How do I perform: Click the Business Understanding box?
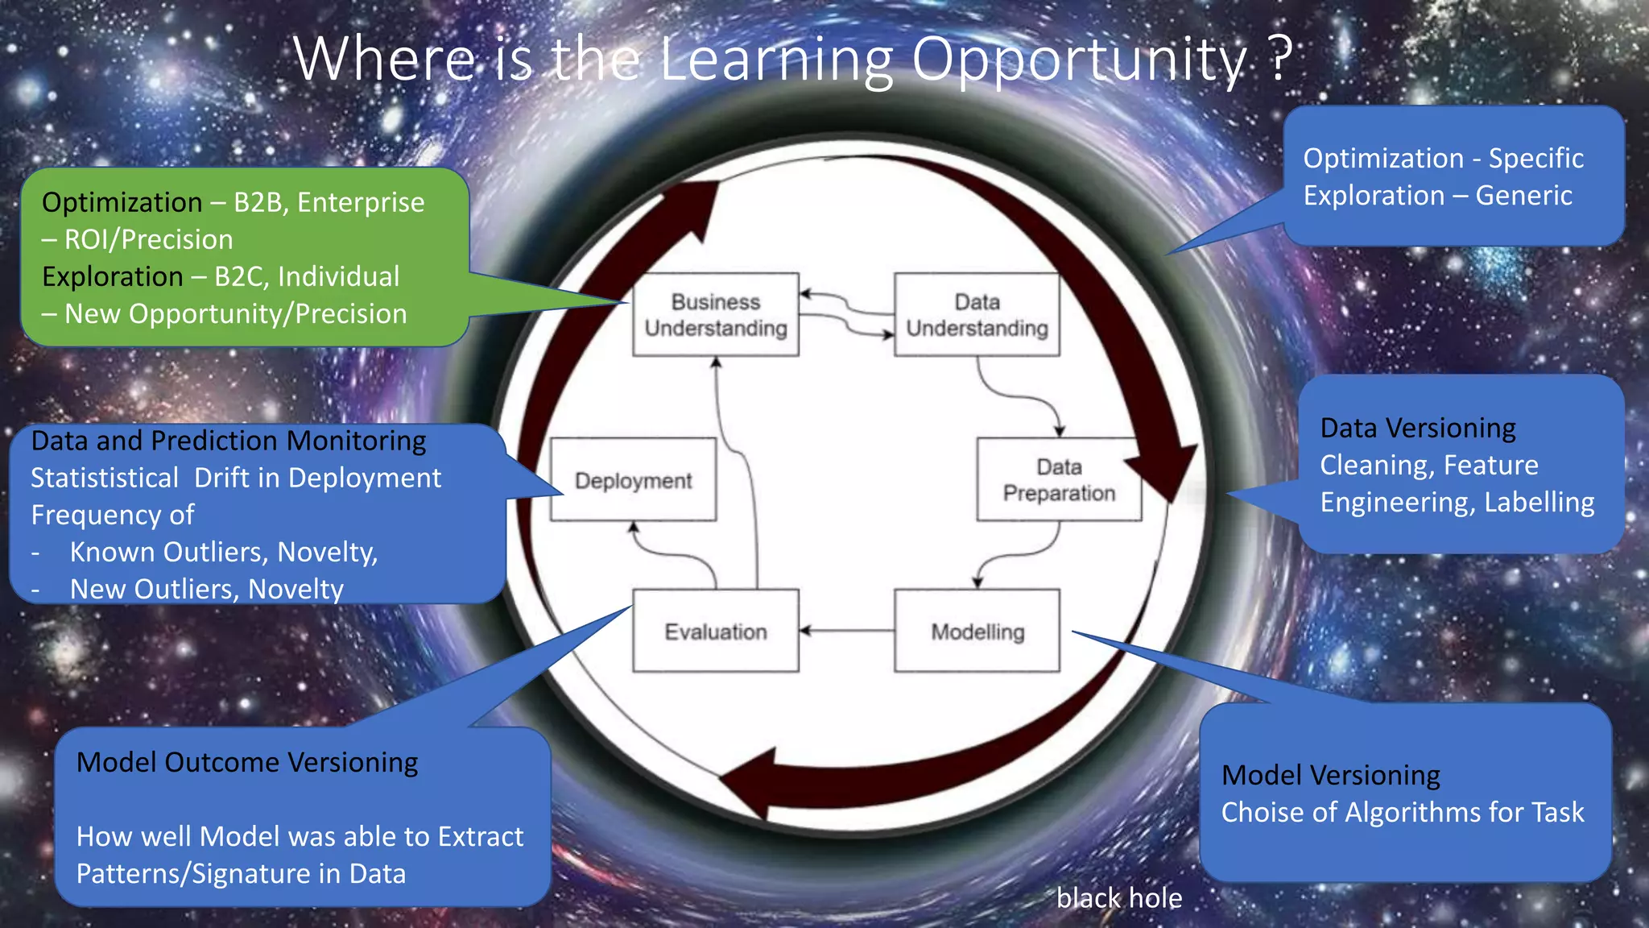click(x=716, y=315)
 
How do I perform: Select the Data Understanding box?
click(x=977, y=315)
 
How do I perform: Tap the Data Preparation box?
click(x=1059, y=480)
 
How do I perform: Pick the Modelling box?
click(x=977, y=632)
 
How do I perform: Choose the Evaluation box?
click(x=716, y=632)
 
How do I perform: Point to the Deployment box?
click(x=633, y=480)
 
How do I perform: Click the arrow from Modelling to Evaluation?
click(x=845, y=631)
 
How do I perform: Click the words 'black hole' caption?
click(x=1119, y=898)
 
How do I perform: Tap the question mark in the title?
click(x=1279, y=58)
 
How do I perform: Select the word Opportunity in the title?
click(x=1079, y=60)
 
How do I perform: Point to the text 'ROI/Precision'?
click(x=148, y=239)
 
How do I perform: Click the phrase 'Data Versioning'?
click(x=1418, y=428)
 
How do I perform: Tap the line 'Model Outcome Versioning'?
click(x=247, y=762)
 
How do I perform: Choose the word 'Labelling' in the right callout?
click(x=1539, y=502)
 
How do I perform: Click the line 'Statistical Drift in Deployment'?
click(x=236, y=478)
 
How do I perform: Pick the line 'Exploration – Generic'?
click(x=1437, y=196)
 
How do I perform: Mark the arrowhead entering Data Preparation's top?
click(x=1060, y=430)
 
